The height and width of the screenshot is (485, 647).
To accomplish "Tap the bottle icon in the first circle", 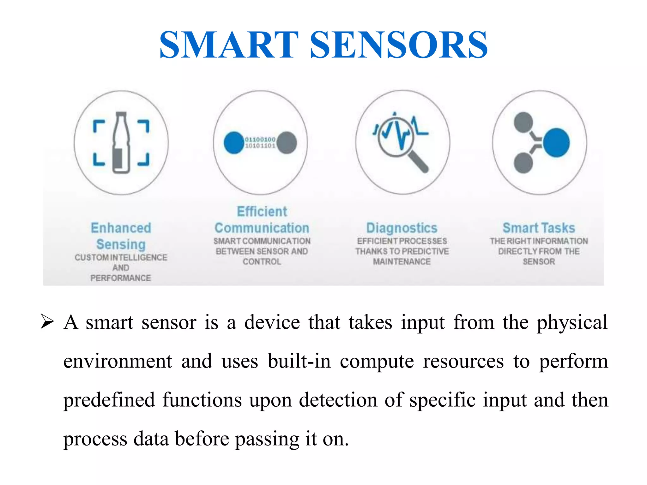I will tap(121, 143).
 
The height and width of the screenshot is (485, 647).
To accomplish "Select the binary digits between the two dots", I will tap(260, 142).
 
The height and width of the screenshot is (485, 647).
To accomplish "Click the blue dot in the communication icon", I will tap(234, 143).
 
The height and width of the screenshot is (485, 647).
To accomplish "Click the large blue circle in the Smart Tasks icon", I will tap(556, 143).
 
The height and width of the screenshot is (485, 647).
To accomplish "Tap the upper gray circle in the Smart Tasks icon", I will tap(523, 122).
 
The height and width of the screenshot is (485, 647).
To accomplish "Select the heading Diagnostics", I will tap(402, 228).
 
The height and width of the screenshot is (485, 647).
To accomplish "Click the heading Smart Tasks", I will tap(539, 228).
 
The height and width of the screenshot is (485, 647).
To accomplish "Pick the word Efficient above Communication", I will tap(262, 211).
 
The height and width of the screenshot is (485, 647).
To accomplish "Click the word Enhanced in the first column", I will tap(121, 228).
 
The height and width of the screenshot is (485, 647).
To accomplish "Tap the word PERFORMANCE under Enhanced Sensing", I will tap(121, 278).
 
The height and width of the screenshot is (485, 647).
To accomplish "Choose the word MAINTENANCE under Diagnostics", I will tap(402, 261).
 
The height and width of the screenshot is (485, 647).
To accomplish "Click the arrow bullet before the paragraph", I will tap(47, 322).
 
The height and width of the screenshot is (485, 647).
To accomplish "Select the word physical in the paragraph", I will tap(572, 323).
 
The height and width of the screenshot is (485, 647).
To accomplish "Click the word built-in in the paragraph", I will tap(299, 361).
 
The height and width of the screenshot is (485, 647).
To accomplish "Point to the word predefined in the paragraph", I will tap(109, 400).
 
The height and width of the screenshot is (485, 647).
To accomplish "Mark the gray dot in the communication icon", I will tap(287, 143).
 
